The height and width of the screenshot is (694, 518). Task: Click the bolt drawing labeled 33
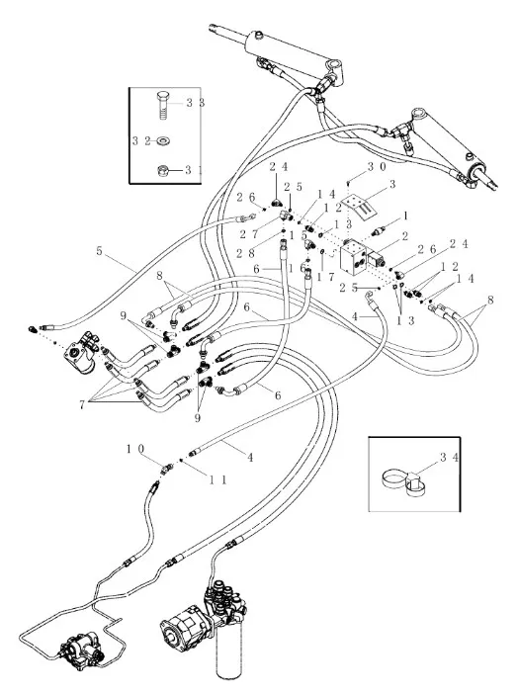click(163, 106)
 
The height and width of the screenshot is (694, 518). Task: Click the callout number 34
click(449, 458)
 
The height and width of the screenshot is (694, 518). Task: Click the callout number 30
click(377, 167)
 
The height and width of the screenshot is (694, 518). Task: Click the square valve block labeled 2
click(353, 257)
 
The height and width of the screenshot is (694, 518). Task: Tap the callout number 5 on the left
click(99, 251)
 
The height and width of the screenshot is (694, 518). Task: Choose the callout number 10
click(135, 449)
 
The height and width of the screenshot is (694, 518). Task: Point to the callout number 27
click(249, 233)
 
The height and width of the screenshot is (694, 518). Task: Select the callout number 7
click(82, 404)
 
